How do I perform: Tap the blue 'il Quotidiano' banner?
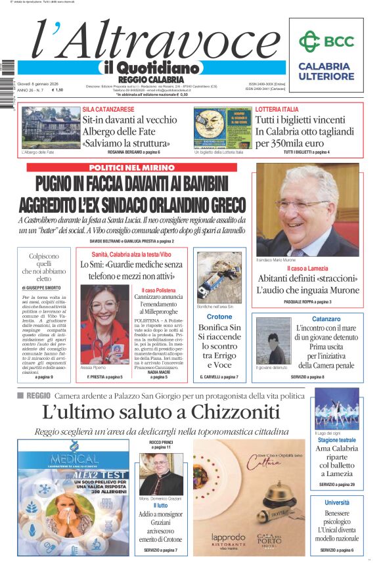(150, 68)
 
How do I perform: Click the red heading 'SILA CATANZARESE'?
(108, 109)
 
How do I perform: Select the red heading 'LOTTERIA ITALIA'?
(277, 109)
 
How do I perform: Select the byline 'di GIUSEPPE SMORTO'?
(44, 288)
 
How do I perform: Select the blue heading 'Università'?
(337, 502)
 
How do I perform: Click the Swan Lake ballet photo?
(336, 408)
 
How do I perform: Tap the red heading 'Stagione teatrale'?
(337, 440)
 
